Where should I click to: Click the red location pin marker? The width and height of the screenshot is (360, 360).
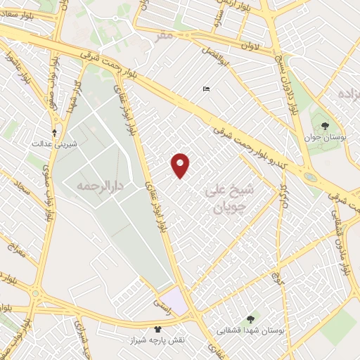pyautogui.click(x=181, y=165)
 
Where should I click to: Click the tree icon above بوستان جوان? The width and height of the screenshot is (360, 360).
pyautogui.click(x=324, y=127)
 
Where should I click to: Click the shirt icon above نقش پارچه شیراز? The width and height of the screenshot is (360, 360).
pyautogui.click(x=158, y=328)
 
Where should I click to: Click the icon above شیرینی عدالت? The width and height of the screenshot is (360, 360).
pyautogui.click(x=55, y=132)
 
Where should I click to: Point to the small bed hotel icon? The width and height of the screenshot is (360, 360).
pyautogui.click(x=205, y=89)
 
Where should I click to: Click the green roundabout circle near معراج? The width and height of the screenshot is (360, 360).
pyautogui.click(x=35, y=294)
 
